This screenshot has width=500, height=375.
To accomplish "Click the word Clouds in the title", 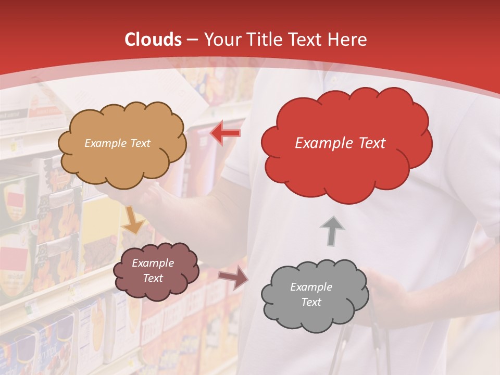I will pyautogui.click(x=153, y=40).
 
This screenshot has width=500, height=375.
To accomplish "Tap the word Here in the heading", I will pyautogui.click(x=347, y=40).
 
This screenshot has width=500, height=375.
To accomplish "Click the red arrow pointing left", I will pyautogui.click(x=225, y=133).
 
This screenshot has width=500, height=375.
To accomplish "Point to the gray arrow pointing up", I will pyautogui.click(x=332, y=230).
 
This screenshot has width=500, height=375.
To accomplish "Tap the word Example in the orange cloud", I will pyautogui.click(x=106, y=143).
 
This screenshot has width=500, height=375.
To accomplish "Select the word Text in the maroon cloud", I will pyautogui.click(x=153, y=278).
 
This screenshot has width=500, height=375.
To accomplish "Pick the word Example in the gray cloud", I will pyautogui.click(x=311, y=287).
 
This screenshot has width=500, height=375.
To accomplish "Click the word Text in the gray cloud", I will pyautogui.click(x=311, y=302).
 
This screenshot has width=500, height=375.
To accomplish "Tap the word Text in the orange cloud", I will pyautogui.click(x=140, y=143).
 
